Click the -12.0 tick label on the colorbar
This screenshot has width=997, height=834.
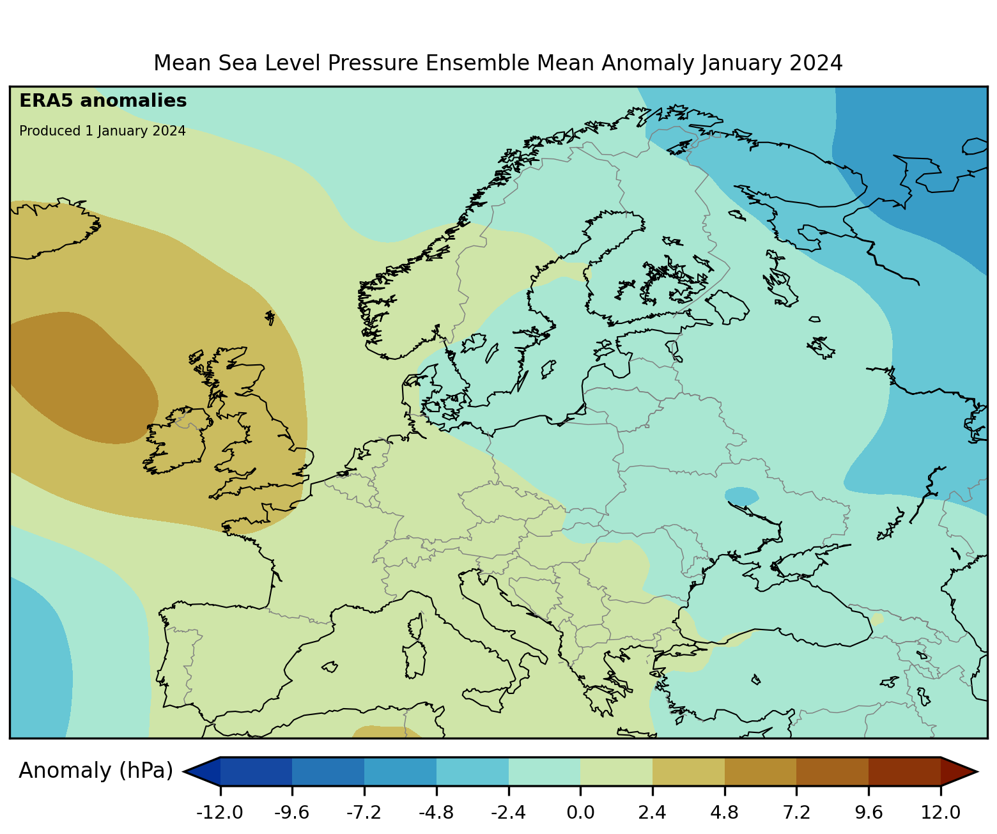tap(220, 813)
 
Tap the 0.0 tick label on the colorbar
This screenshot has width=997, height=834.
tap(580, 813)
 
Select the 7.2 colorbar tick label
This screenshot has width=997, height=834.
tap(796, 813)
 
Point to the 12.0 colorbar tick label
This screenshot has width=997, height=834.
tap(941, 813)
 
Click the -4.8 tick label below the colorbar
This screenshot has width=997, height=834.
tap(437, 813)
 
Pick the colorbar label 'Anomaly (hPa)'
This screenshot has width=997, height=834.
tap(96, 771)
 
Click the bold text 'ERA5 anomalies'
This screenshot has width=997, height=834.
tap(103, 101)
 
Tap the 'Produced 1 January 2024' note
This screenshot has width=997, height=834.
tap(102, 131)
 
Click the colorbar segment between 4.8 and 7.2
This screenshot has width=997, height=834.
tap(761, 771)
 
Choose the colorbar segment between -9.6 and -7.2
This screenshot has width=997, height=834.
tap(328, 771)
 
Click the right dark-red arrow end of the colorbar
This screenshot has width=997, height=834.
tap(959, 771)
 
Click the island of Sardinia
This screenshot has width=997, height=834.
tap(415, 660)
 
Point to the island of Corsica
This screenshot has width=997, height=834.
tap(416, 626)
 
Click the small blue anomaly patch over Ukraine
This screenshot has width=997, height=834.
tap(741, 495)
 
